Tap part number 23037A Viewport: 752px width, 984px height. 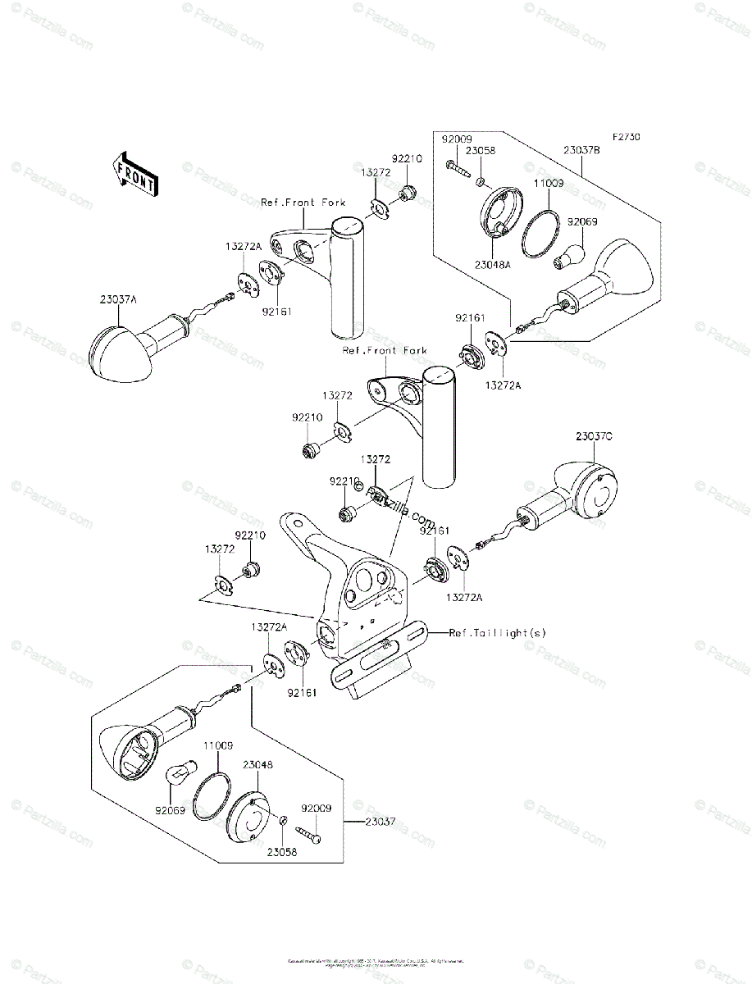(x=120, y=300)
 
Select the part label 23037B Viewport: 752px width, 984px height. (x=582, y=150)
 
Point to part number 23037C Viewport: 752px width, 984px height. (x=594, y=436)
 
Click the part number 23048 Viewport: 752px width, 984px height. (x=258, y=763)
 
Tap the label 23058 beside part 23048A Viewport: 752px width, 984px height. (x=480, y=150)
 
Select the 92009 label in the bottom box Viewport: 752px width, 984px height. (x=316, y=808)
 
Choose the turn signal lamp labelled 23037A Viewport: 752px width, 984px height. (x=123, y=349)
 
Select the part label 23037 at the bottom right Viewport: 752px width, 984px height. (x=382, y=821)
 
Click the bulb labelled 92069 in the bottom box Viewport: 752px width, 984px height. (x=180, y=773)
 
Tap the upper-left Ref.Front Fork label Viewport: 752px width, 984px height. (x=303, y=202)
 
